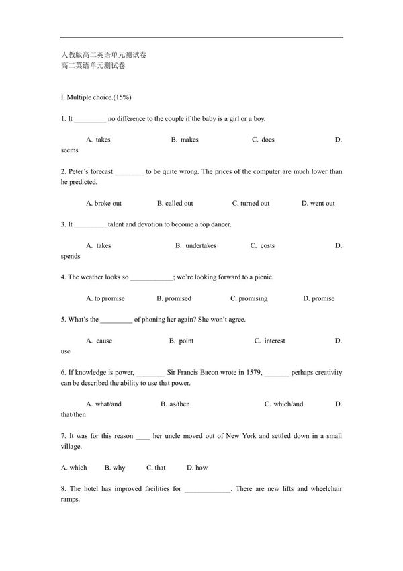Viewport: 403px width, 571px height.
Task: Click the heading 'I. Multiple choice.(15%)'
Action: click(x=95, y=97)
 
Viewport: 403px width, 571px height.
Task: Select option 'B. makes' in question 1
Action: click(x=184, y=140)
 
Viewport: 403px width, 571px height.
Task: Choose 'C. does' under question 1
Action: click(x=263, y=140)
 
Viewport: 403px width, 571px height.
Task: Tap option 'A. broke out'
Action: click(x=103, y=203)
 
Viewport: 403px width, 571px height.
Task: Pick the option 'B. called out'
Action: click(x=175, y=203)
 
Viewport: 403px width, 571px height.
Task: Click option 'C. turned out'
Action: click(x=251, y=203)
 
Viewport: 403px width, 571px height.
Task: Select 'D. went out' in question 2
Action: click(x=318, y=203)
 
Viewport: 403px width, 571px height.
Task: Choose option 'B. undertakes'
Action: click(x=195, y=245)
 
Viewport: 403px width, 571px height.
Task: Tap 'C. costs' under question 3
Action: click(x=263, y=245)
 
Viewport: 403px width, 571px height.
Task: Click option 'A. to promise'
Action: click(x=105, y=298)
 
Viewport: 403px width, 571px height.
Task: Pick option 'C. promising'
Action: click(x=249, y=298)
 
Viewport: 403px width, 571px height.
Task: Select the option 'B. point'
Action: click(x=181, y=341)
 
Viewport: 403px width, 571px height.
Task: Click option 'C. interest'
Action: click(x=269, y=341)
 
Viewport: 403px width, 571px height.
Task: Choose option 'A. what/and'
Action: click(x=103, y=404)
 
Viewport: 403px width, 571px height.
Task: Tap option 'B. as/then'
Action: click(x=175, y=404)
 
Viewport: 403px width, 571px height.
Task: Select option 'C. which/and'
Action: click(x=283, y=404)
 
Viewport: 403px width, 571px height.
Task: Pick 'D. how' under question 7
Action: click(x=197, y=468)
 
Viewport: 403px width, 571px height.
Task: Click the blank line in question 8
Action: click(x=208, y=489)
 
